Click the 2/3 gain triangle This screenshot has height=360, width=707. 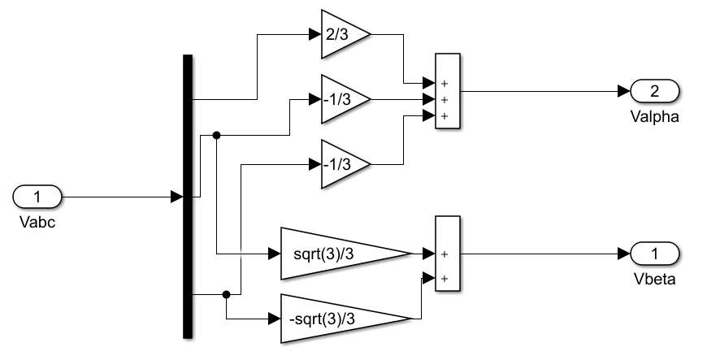click(x=341, y=35)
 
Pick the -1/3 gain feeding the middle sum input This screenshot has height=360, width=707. click(x=341, y=99)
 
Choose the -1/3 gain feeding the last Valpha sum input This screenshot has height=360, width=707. click(x=341, y=164)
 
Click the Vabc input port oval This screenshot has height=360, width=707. click(x=37, y=197)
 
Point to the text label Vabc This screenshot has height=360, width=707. click(x=37, y=220)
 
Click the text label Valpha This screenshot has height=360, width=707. click(x=654, y=116)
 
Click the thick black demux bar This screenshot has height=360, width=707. click(x=188, y=196)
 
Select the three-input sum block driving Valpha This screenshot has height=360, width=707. click(x=448, y=91)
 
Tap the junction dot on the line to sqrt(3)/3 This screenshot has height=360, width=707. click(x=216, y=136)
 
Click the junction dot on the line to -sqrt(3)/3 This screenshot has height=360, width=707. click(x=227, y=294)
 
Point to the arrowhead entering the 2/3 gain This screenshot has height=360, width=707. click(x=315, y=35)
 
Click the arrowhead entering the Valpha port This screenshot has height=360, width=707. click(x=623, y=91)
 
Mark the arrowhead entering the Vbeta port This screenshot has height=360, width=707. click(x=623, y=254)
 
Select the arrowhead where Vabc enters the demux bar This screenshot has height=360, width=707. click(x=176, y=197)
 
